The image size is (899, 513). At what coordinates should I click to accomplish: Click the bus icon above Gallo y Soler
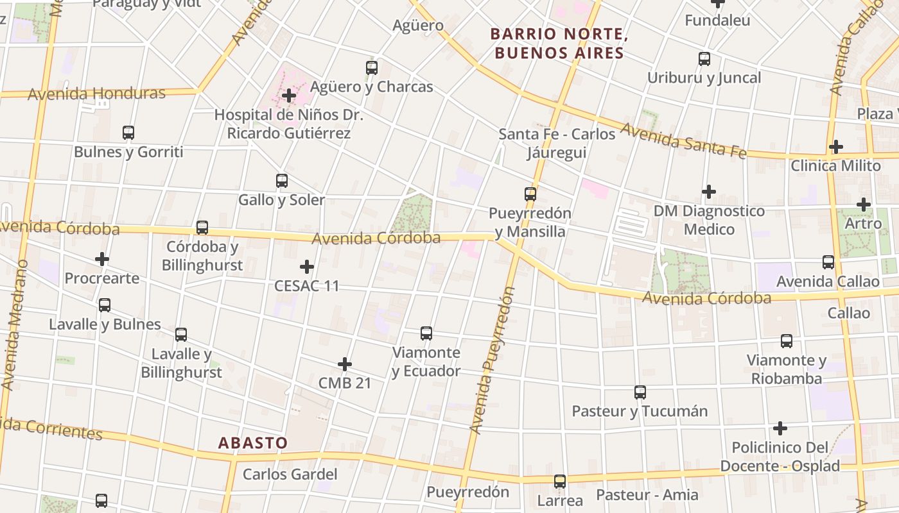281,181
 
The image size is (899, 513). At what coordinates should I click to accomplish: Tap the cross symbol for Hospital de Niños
289,96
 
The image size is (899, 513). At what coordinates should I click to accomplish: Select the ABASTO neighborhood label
252,443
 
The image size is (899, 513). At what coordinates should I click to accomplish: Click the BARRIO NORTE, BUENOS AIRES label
557,43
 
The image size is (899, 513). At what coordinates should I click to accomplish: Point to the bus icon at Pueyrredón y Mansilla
530,194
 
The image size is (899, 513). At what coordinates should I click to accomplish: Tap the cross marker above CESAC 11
307,266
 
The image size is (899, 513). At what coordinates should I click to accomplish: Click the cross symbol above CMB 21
345,364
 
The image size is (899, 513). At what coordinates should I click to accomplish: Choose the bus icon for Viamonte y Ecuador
426,333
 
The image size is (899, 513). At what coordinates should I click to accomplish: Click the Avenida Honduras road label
96,94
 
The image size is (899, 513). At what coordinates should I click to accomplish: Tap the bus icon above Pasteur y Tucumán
640,392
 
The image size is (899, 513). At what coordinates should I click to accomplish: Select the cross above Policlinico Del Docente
780,428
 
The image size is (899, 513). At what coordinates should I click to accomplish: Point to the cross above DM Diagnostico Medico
708,191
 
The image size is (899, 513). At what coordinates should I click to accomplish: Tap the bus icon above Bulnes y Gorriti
128,133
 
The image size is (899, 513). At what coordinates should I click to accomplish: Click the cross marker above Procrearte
101,259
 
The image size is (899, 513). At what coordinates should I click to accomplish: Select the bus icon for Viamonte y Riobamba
786,341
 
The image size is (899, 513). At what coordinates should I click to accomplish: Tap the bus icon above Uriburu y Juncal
704,59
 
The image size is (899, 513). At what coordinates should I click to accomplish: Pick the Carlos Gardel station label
290,475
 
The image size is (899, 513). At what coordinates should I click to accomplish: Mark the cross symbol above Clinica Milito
835,146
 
